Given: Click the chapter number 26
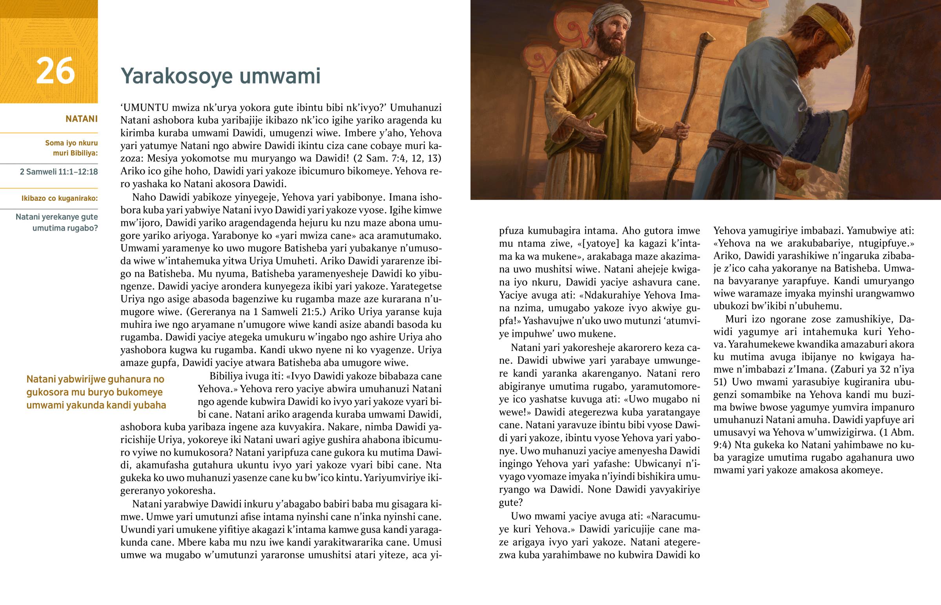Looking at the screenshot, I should pos(55,71).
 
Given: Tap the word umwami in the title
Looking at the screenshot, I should pos(280,76).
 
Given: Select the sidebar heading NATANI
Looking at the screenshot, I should pos(81,119).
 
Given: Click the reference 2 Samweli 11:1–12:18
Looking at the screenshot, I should pos(59,172).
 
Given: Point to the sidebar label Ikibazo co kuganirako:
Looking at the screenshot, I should pos(59,198).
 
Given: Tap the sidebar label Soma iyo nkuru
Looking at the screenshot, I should pos(71,143).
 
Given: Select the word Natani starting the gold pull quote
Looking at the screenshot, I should pos(41,380).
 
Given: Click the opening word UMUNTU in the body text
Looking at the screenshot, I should pos(145,108).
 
